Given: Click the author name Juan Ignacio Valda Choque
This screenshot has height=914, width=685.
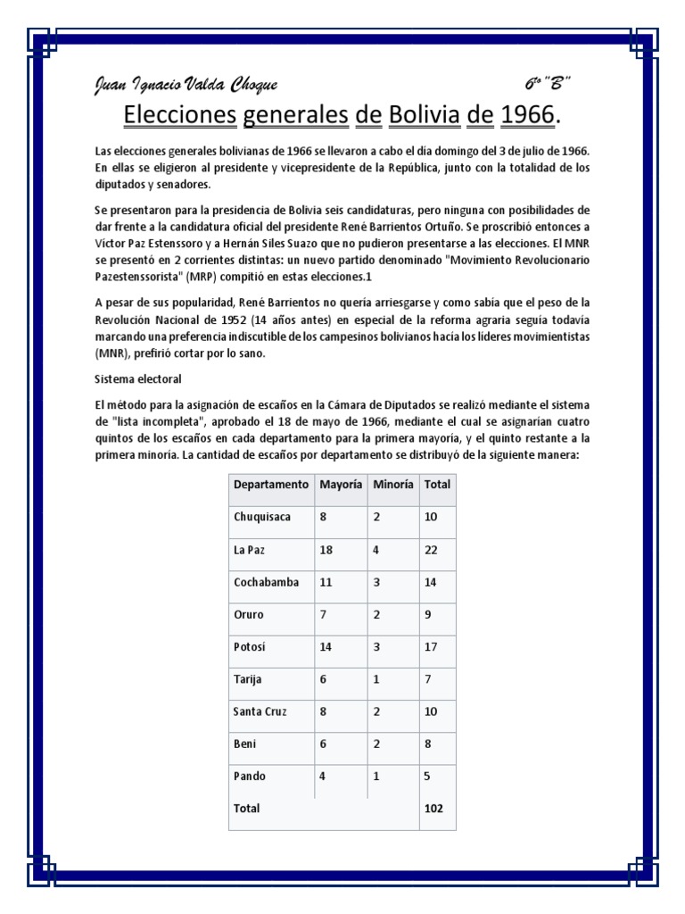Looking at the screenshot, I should click(x=186, y=85).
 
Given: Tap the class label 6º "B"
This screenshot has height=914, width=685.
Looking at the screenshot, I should click(x=547, y=84).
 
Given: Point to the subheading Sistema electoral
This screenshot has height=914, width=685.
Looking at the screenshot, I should click(x=137, y=378).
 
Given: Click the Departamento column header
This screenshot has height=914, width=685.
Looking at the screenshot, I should click(x=271, y=484).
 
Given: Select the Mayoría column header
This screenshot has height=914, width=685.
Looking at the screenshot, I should click(x=340, y=484).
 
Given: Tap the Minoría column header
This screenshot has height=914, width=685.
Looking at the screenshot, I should click(x=392, y=484).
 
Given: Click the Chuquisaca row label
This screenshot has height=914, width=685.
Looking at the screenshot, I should click(x=262, y=517).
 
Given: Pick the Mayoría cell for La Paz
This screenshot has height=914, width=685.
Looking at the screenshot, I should click(x=326, y=550).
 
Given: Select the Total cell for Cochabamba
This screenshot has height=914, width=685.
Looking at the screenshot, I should click(x=432, y=582).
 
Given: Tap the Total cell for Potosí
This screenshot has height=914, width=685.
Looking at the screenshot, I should click(x=432, y=646).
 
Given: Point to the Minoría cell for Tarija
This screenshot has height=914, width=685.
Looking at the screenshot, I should click(x=376, y=679).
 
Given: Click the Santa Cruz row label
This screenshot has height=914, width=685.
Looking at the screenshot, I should click(x=260, y=711).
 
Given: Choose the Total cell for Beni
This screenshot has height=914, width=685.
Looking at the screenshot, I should click(x=427, y=744).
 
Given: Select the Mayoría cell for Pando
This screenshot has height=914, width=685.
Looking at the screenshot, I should click(x=323, y=777).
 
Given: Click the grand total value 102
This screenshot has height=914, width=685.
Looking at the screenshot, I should click(x=433, y=809).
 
